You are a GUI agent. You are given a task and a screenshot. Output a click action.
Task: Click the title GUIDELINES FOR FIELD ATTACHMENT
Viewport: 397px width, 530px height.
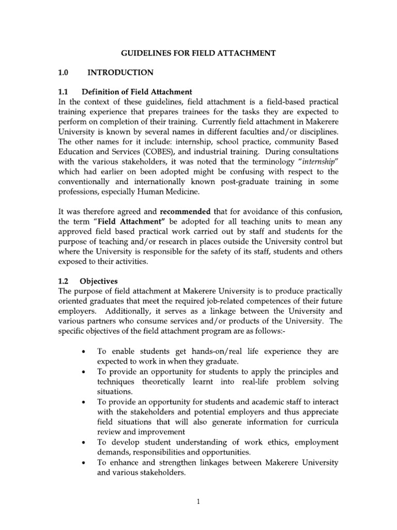pos(198,53)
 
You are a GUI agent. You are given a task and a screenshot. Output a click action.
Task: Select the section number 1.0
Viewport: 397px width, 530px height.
pos(65,72)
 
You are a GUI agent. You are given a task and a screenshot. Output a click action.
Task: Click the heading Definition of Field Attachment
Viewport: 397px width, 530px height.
pos(136,92)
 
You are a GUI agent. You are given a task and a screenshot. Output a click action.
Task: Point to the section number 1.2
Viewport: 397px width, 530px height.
pos(64,281)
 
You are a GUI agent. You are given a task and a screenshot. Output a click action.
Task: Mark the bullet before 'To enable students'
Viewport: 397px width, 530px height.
pos(84,351)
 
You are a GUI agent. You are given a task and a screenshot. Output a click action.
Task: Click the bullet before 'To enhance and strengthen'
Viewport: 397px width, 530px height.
pos(84,462)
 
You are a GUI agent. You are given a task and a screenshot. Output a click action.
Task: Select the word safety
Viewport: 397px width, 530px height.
pos(232,252)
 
